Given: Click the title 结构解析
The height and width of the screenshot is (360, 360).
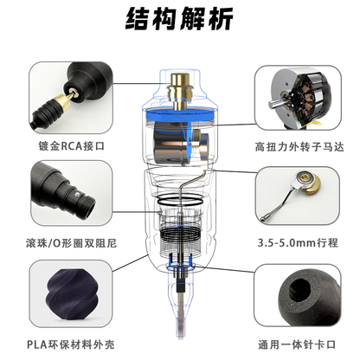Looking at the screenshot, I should pyautogui.click(x=179, y=18).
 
